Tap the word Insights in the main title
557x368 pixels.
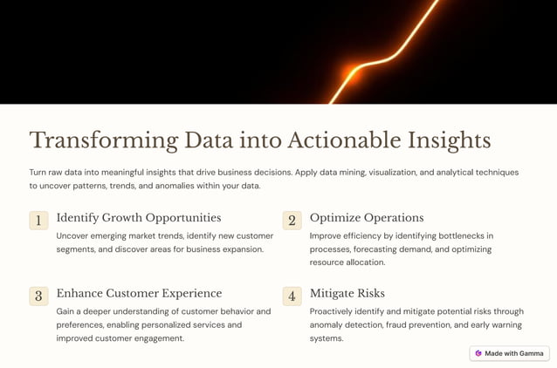[x=449, y=140]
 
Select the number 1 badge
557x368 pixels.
[x=38, y=221]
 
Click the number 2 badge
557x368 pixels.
[x=292, y=221]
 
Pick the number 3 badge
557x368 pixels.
[x=38, y=296]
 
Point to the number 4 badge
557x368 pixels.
[x=292, y=296]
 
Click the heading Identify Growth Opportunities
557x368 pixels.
[x=139, y=218]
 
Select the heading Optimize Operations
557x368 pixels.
[x=367, y=218]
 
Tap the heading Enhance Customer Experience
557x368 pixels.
[x=139, y=294]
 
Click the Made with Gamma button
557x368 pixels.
[x=509, y=353]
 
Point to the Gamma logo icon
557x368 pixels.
[x=478, y=353]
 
